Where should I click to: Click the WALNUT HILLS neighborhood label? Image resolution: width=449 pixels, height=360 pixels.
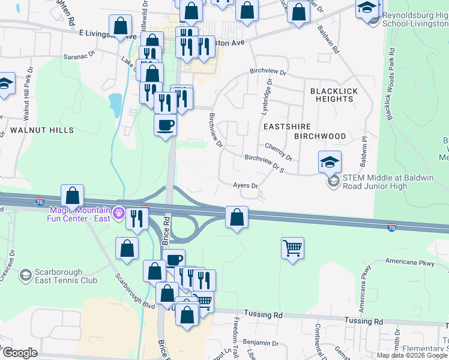[x=41, y=130]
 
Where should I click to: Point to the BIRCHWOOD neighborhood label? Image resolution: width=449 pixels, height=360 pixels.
[x=320, y=136]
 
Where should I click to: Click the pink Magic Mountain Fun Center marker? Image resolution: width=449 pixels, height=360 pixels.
[x=119, y=212]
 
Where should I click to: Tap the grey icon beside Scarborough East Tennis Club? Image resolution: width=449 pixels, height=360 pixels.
[x=25, y=275]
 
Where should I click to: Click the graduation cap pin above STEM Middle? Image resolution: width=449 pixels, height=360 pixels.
[x=330, y=162]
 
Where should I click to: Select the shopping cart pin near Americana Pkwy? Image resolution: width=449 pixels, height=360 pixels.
[x=292, y=247]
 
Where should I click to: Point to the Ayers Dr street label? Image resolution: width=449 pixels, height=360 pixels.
[x=245, y=186]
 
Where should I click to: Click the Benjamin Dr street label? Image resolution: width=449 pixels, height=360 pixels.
[x=262, y=343]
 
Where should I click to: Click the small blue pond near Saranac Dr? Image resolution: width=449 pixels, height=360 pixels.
[x=114, y=104]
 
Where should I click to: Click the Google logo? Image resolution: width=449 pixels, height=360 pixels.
[x=20, y=353]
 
